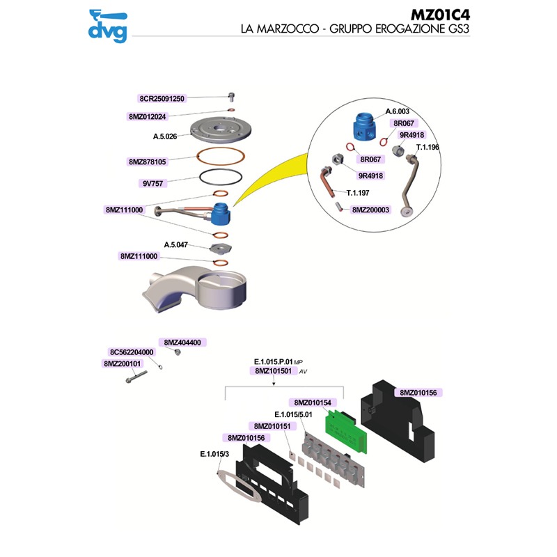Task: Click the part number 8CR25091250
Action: [x=162, y=99]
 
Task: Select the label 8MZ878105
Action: [x=147, y=162]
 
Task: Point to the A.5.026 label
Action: [x=166, y=136]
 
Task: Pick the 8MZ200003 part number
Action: [x=370, y=209]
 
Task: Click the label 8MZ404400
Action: [x=182, y=343]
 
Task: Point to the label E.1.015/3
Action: [x=214, y=454]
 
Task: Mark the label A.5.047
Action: [x=176, y=244]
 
